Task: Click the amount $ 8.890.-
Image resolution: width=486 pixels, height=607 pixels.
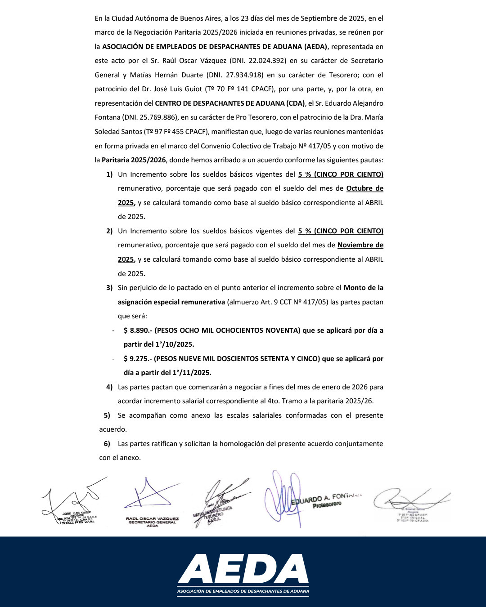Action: [x=138, y=330]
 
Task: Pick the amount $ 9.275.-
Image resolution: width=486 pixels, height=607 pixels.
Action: [x=138, y=359]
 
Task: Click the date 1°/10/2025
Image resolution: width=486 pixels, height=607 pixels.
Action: [x=174, y=344]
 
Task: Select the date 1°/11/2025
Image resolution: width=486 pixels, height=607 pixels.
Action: [x=191, y=373]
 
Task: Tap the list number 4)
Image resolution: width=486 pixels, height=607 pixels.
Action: [x=109, y=387]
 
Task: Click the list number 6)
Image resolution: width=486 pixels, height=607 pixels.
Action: [x=107, y=444]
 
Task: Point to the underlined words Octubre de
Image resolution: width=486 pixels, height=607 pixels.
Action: [x=364, y=188]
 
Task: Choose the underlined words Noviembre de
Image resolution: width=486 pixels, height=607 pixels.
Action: [x=360, y=245]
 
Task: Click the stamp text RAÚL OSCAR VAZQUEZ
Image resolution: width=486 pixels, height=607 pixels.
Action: [x=152, y=519]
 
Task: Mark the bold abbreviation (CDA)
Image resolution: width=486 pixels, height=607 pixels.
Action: [x=295, y=103]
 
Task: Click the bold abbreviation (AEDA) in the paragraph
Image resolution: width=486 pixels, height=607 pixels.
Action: [x=315, y=47]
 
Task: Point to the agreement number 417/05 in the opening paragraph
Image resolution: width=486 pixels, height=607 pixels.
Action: [x=321, y=146]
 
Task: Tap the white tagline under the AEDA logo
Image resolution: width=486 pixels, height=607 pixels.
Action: [x=243, y=591]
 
